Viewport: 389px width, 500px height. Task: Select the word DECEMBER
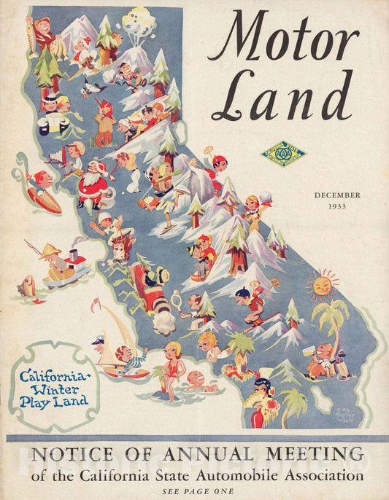(337, 195)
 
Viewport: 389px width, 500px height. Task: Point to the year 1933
(337, 206)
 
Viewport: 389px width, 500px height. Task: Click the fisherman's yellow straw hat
(51, 251)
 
